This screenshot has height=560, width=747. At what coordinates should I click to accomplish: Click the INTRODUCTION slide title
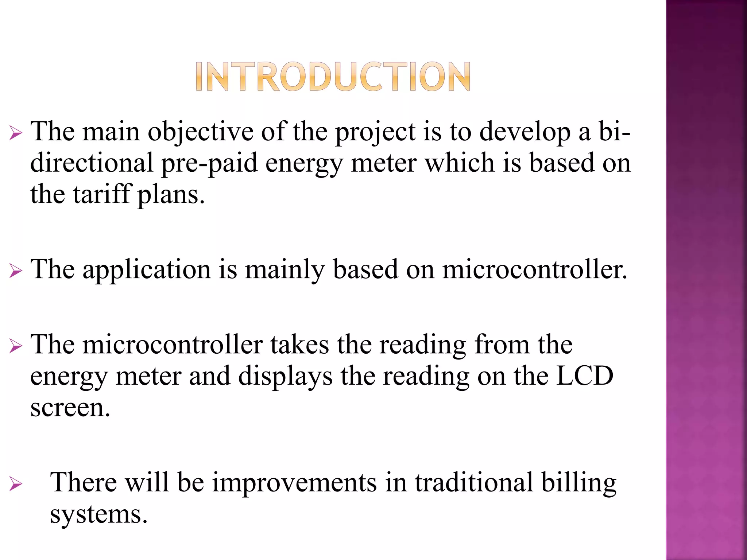point(333,77)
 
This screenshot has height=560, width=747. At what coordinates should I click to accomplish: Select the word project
point(375,132)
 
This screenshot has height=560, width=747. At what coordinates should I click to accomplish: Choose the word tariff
point(101,194)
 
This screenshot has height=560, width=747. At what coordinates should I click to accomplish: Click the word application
point(147,270)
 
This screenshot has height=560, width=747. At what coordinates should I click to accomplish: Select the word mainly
point(285,270)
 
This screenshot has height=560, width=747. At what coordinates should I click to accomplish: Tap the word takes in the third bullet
point(299,345)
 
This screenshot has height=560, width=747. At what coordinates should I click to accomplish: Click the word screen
point(70,408)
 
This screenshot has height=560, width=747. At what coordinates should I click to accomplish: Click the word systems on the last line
point(98,514)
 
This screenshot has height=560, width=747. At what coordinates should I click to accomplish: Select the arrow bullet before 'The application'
point(16,271)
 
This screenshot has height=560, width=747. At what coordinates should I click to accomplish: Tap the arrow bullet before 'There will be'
point(16,484)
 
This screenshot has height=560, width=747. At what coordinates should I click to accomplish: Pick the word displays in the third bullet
point(285,376)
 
